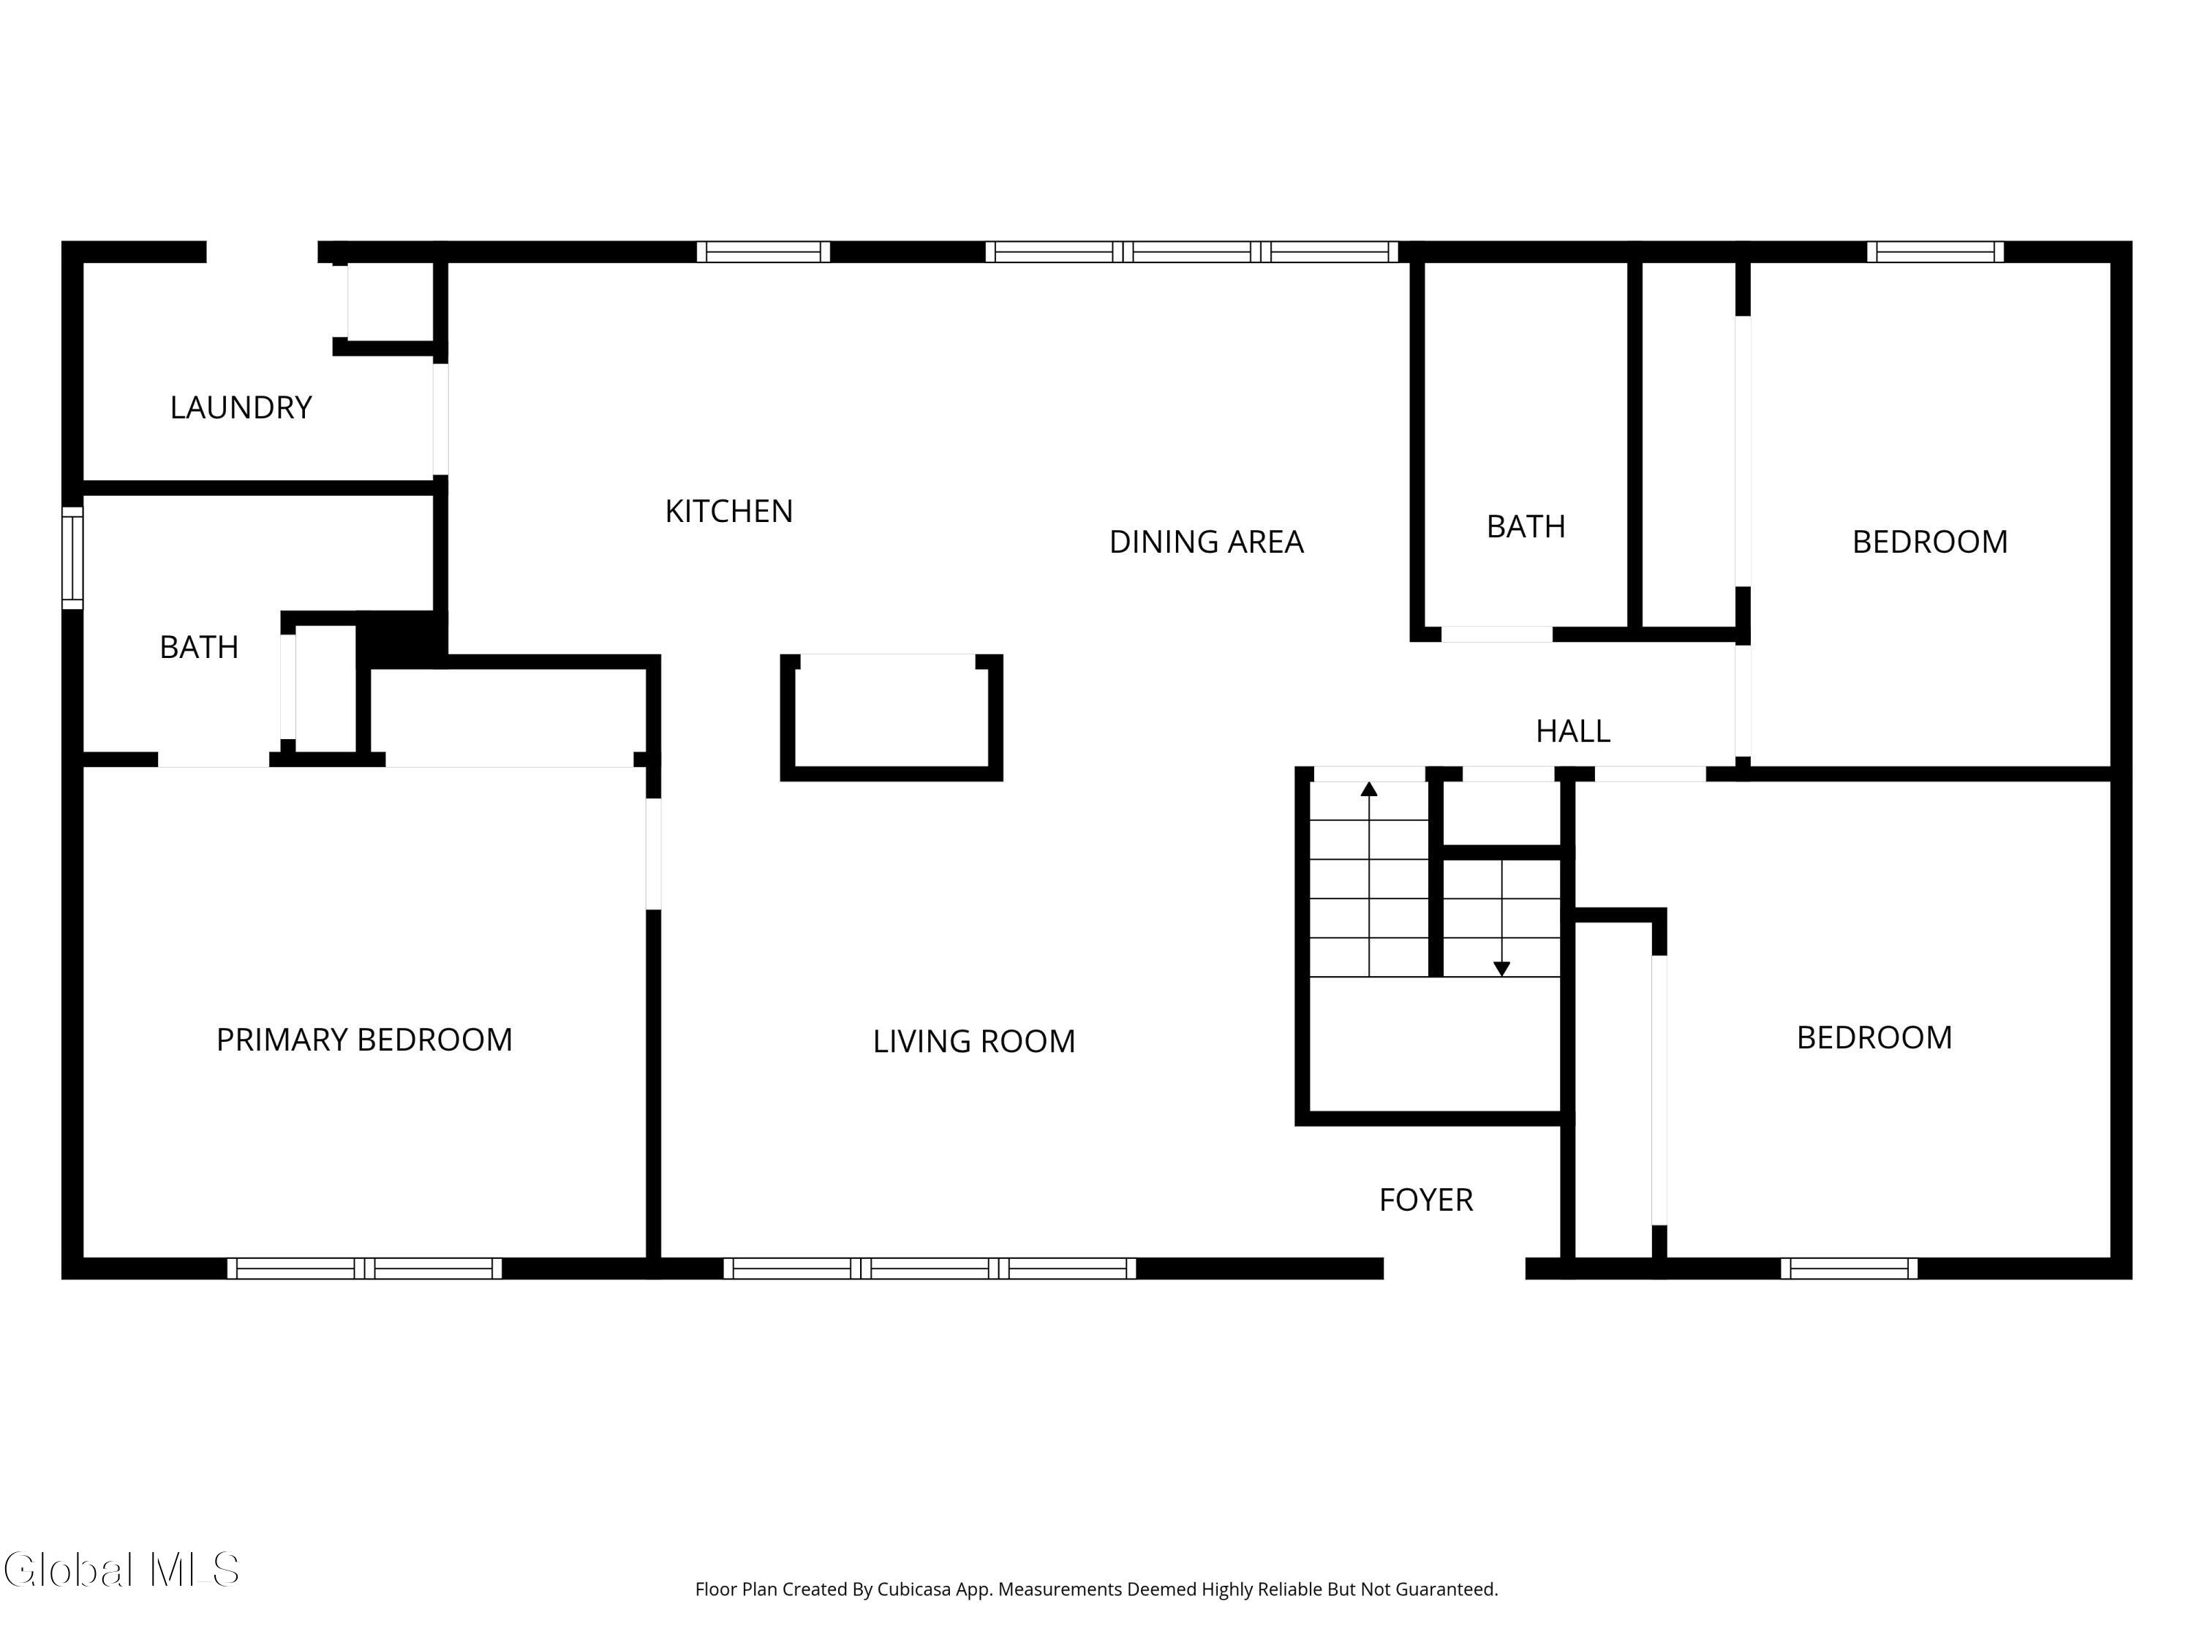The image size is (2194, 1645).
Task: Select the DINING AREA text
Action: coord(1205,542)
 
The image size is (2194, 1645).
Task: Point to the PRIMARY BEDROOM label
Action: coord(364,1040)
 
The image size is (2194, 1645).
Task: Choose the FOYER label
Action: coord(1425,1200)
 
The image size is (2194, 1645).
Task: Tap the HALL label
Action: coord(1572,732)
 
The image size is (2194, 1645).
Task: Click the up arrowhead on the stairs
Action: coord(1369,790)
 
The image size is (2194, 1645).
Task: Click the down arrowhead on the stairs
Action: coord(1501,969)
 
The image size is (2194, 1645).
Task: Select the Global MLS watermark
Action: coord(121,1570)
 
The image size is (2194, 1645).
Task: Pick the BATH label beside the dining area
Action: coord(1525,526)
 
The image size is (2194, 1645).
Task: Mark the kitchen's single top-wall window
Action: coord(763,252)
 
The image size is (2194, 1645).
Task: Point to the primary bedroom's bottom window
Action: coord(364,1268)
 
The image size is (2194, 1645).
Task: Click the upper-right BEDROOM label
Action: coord(1929,542)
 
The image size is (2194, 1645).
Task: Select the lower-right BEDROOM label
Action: coord(1874,1038)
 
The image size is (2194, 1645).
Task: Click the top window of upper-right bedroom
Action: coord(1934,252)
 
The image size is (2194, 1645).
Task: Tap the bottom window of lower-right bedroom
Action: coord(1849,1268)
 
